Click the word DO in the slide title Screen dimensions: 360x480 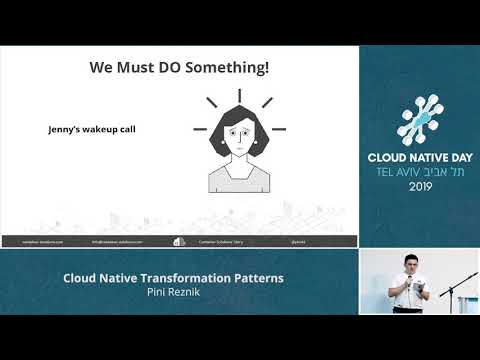point(169,69)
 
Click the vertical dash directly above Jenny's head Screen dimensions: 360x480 point(240,96)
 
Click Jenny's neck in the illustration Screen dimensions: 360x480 point(239,162)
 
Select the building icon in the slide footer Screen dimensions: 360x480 point(179,241)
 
